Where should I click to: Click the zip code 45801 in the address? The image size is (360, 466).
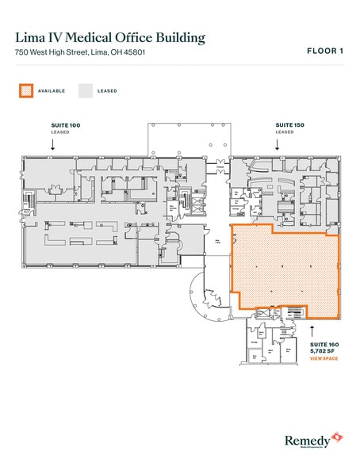click(x=133, y=52)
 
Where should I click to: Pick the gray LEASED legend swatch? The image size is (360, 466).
click(x=84, y=90)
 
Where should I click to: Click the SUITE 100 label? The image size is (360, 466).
click(x=65, y=126)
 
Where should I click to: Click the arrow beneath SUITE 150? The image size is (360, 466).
click(x=277, y=145)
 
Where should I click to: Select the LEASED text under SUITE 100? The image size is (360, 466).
click(x=60, y=132)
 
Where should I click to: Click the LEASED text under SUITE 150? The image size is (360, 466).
click(x=285, y=132)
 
